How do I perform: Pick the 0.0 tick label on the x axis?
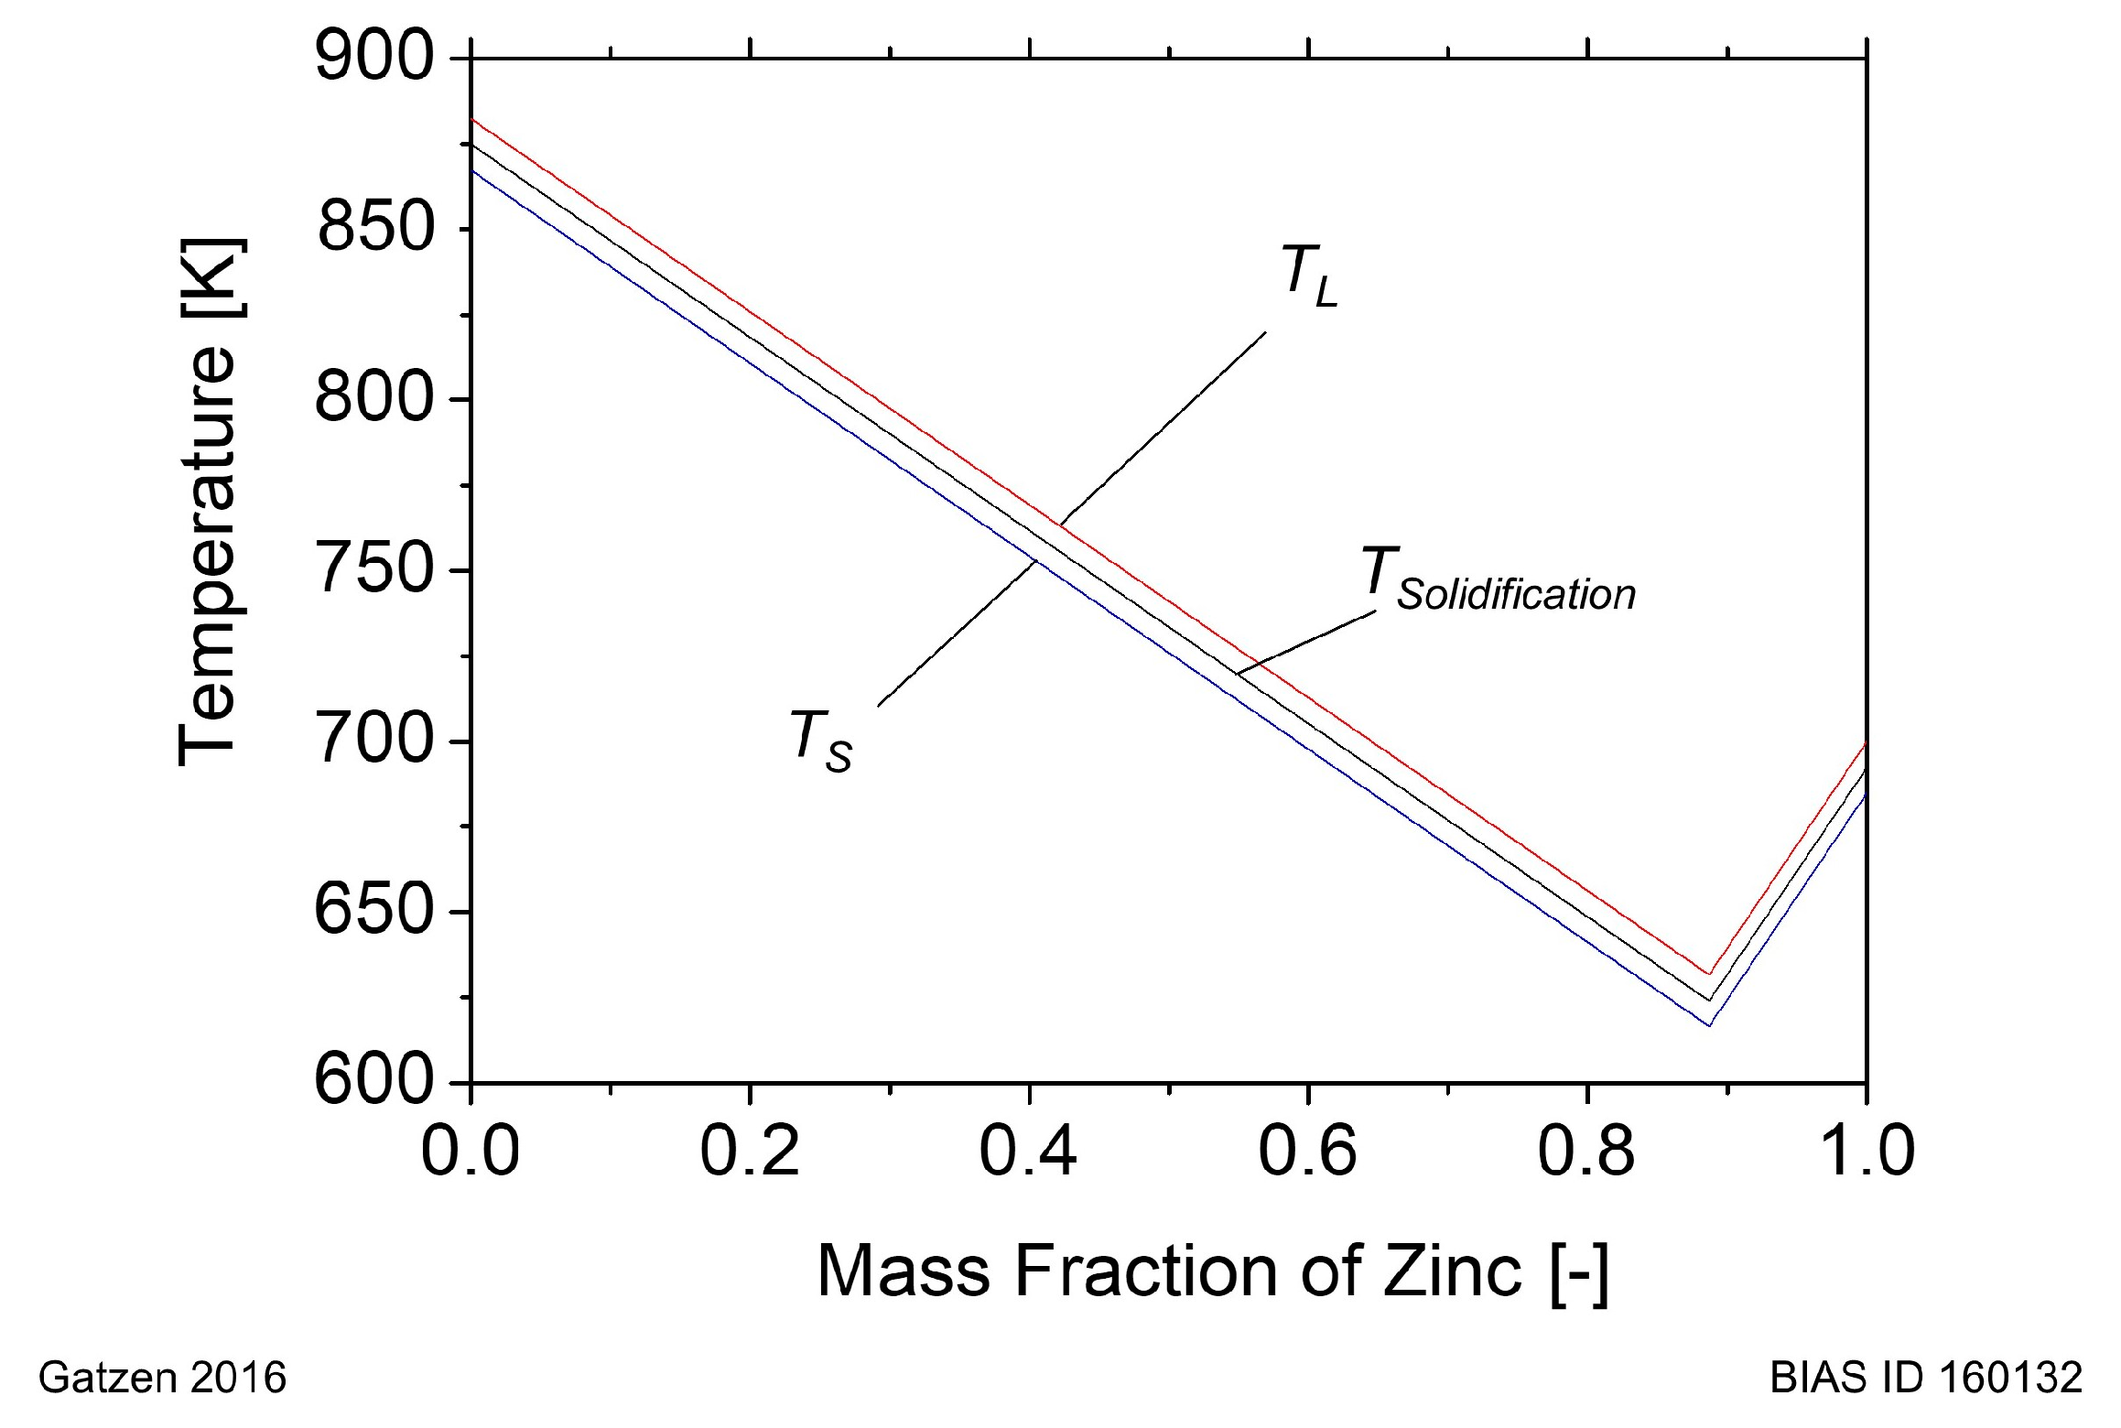coord(470,1151)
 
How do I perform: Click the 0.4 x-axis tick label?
coord(1028,1151)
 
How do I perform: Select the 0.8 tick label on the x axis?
coord(1585,1151)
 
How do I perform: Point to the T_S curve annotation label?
coord(820,741)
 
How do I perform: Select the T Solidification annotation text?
coord(1498,580)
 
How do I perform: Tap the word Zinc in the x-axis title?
coord(1452,1271)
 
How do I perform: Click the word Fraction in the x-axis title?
coord(1149,1271)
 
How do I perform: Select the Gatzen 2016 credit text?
coord(162,1378)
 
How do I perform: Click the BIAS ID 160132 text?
coord(1926,1378)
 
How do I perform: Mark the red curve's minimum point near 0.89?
coord(1709,975)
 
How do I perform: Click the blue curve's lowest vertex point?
coord(1709,1025)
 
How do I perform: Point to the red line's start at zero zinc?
coord(471,119)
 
